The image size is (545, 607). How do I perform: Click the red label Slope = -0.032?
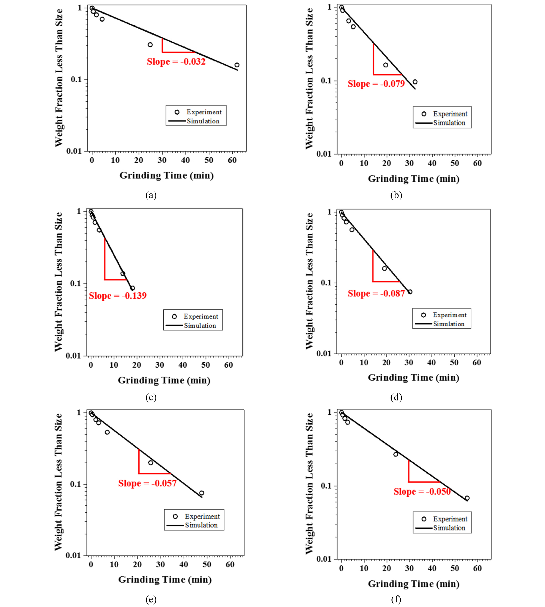click(x=176, y=62)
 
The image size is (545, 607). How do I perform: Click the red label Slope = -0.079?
click(x=376, y=84)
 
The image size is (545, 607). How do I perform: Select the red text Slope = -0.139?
click(x=118, y=296)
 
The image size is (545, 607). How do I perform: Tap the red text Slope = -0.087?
click(x=376, y=293)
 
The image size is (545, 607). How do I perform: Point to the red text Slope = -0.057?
click(x=147, y=483)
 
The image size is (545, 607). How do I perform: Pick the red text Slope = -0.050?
click(x=422, y=492)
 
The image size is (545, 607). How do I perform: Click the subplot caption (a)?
click(x=151, y=195)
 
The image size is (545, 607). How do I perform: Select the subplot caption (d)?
click(x=396, y=397)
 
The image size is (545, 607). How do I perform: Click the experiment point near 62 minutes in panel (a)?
click(x=237, y=65)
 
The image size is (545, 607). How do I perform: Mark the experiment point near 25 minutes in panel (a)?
click(x=150, y=45)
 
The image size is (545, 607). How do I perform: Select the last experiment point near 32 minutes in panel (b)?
click(x=415, y=82)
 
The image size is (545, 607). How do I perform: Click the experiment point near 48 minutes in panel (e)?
click(x=202, y=493)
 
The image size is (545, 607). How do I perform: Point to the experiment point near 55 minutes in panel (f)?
click(x=467, y=498)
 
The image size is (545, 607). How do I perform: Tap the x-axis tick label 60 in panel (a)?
click(x=232, y=160)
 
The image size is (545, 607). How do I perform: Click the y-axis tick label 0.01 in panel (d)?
click(x=324, y=354)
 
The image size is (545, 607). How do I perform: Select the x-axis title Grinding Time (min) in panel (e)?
click(x=165, y=580)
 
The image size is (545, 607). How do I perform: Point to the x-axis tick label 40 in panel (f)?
click(x=432, y=568)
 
